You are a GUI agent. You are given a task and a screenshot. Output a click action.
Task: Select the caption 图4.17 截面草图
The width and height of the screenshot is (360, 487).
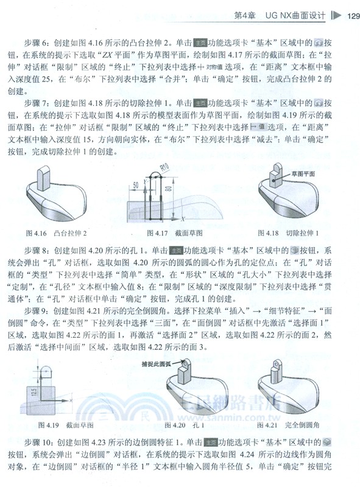[x=169, y=233]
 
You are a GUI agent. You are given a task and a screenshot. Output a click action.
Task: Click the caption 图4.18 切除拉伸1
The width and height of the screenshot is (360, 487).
[x=288, y=233]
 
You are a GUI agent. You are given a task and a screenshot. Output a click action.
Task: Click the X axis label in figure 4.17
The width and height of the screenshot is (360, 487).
[x=183, y=218]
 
